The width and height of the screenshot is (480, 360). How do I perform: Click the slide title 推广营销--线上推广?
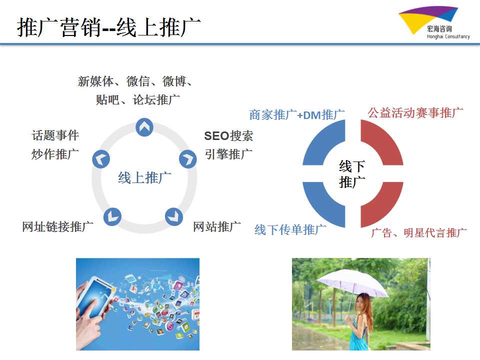tap(108, 27)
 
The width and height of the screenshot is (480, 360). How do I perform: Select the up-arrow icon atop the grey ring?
tap(144, 127)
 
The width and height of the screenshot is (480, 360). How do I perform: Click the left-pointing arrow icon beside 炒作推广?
tap(101, 159)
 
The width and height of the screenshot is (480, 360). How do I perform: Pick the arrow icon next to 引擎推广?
tap(188, 159)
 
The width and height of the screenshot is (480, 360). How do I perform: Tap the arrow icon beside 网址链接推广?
tap(112, 216)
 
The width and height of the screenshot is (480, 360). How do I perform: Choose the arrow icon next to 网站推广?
tap(174, 216)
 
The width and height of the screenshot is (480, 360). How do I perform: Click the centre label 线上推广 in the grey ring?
tap(145, 178)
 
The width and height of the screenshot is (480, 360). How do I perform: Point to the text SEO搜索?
tap(228, 136)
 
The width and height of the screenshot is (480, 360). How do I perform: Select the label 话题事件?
tap(55, 135)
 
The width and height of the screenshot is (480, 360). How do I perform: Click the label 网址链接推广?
tap(58, 227)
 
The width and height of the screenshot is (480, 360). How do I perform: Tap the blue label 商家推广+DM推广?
tap(297, 115)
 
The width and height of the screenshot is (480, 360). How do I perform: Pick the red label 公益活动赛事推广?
tap(415, 112)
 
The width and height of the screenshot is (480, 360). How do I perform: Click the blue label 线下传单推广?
tap(290, 229)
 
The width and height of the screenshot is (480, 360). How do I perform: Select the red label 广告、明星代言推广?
tap(419, 232)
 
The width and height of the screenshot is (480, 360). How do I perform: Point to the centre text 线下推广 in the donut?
tap(352, 174)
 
